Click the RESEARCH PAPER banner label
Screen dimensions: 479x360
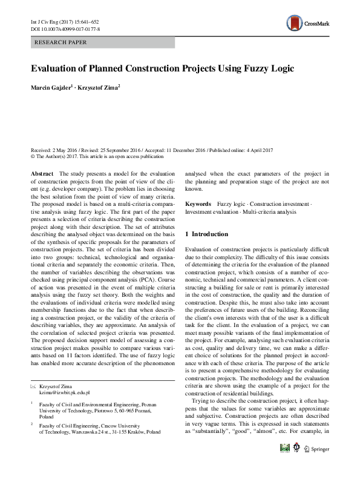[61, 42]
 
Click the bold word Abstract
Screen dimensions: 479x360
[42, 174]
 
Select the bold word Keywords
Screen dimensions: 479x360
[198, 205]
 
